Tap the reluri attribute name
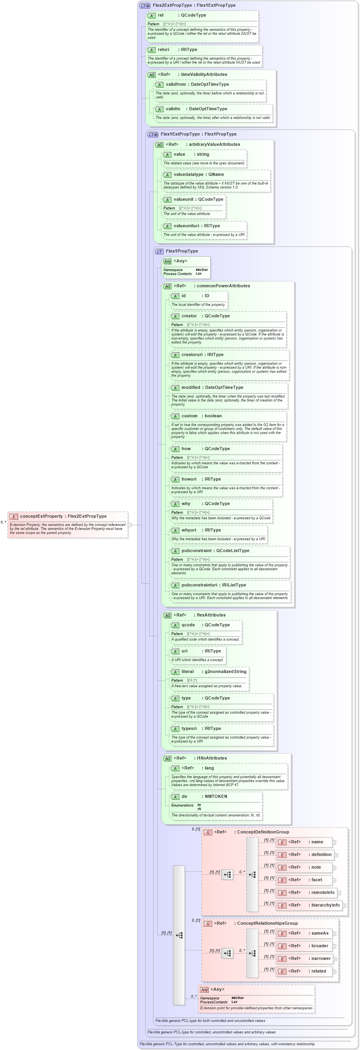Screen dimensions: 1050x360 (x=164, y=49)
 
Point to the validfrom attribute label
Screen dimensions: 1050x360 (x=177, y=85)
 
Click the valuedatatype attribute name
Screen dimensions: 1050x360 (x=188, y=174)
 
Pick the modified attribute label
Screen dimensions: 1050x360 (x=191, y=387)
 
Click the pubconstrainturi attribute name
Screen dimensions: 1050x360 (x=200, y=585)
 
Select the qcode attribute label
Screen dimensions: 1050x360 (x=188, y=625)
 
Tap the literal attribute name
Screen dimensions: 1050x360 (x=188, y=671)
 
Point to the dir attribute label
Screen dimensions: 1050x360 (x=184, y=796)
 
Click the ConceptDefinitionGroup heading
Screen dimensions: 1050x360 (x=263, y=832)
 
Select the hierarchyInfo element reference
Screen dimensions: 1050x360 (x=325, y=905)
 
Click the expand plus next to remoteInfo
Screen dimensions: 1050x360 (x=339, y=893)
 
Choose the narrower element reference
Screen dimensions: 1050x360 (x=321, y=958)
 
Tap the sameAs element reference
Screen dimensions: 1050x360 (x=320, y=933)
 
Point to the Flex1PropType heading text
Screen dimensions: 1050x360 (x=182, y=251)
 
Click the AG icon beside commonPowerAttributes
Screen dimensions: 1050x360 (x=167, y=286)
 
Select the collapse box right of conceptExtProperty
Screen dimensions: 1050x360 (x=130, y=524)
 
